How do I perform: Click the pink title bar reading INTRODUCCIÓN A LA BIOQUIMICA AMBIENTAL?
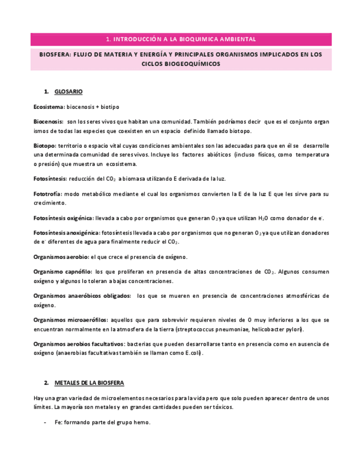(180, 40)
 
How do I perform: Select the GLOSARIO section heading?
(69, 91)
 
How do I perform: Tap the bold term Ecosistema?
(48, 107)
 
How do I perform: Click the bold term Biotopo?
(45, 146)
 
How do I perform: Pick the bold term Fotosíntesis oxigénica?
(63, 218)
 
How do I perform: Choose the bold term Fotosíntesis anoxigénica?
(67, 233)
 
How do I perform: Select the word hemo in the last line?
(142, 422)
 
